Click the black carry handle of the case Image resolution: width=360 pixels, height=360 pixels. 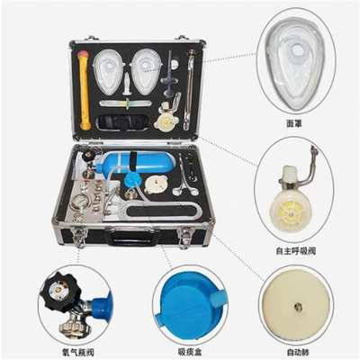click(130, 239)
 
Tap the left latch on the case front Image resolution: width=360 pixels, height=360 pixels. click(79, 238)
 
